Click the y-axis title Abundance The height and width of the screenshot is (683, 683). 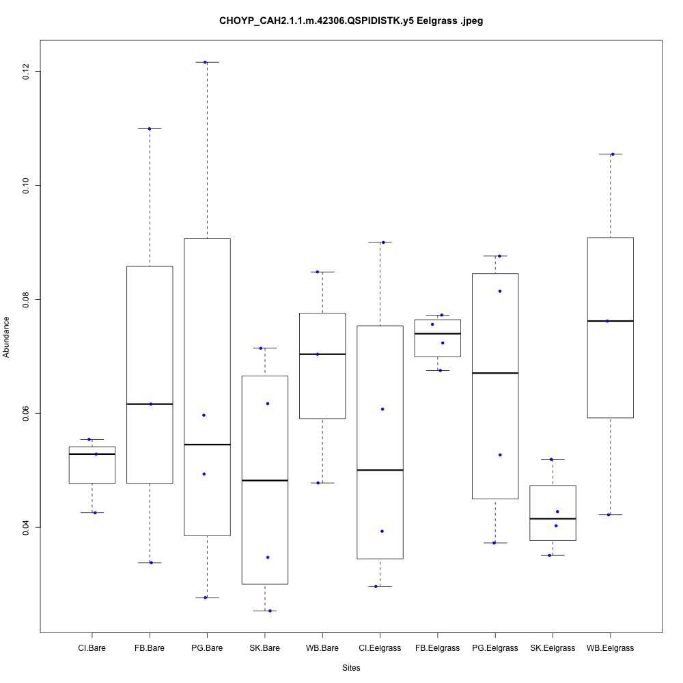point(7,337)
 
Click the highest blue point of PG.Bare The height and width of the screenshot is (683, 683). point(205,62)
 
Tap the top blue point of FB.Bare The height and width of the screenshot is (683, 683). point(149,128)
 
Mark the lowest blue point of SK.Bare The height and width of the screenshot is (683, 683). point(270,611)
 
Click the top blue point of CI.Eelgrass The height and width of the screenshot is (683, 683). point(382,242)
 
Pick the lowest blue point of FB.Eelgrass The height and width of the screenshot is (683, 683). point(439,370)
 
